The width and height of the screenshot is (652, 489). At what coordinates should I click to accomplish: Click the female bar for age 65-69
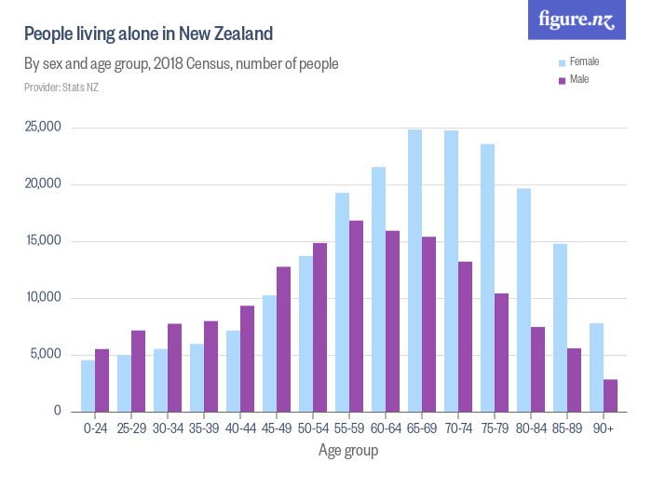pyautogui.click(x=414, y=270)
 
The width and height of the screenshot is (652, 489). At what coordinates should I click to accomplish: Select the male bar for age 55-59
pyautogui.click(x=356, y=316)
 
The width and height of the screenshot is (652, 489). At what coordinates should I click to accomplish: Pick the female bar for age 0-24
pyautogui.click(x=88, y=386)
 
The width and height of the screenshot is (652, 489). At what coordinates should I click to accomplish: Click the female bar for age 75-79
pyautogui.click(x=487, y=278)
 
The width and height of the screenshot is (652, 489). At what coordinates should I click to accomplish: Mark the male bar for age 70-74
pyautogui.click(x=465, y=336)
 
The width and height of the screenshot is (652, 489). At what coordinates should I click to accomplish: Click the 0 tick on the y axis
pyautogui.click(x=57, y=411)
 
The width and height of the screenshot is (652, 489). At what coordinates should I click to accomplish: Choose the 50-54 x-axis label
pyautogui.click(x=313, y=429)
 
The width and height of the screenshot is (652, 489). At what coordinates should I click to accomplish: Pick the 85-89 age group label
pyautogui.click(x=567, y=429)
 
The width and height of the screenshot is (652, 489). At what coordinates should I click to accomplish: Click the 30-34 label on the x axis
pyautogui.click(x=168, y=429)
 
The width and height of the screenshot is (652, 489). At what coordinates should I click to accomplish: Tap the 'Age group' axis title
pyautogui.click(x=348, y=451)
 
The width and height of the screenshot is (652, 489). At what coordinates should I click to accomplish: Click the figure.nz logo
pyautogui.click(x=577, y=20)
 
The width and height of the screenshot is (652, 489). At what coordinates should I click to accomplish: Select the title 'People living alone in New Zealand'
pyautogui.click(x=148, y=34)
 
